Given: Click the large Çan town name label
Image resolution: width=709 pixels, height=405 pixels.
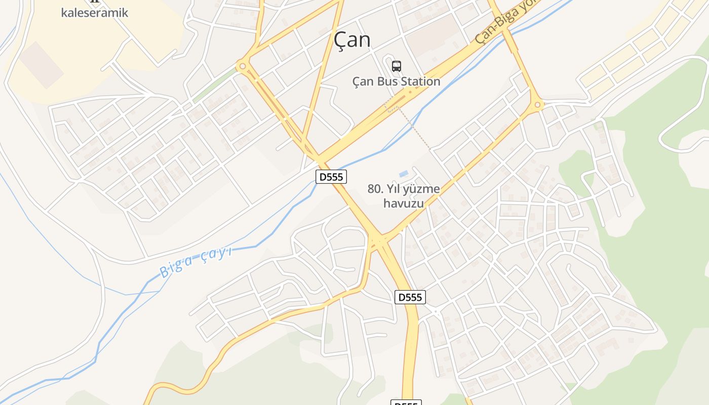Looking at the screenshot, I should click(352, 39).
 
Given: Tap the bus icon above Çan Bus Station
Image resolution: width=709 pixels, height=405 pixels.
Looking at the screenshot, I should click(396, 66).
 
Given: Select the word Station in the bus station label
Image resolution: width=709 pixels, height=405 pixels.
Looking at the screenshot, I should click(419, 81).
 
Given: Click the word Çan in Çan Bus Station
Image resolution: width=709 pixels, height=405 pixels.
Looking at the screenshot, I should click(364, 81).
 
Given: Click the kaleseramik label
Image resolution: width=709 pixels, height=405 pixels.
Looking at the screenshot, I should click(95, 13).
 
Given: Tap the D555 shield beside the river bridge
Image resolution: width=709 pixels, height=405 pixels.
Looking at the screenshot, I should click(331, 177).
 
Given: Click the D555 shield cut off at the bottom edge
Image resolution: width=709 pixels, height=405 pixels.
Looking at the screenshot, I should click(406, 403).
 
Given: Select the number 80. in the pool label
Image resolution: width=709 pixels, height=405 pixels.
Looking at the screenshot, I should click(375, 189).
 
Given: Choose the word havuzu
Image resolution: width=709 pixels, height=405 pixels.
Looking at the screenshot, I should click(403, 204).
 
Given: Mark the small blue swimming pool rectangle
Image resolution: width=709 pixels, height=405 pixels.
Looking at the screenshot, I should click(404, 174).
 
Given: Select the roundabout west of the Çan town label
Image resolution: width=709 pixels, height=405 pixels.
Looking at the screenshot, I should click(243, 66).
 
